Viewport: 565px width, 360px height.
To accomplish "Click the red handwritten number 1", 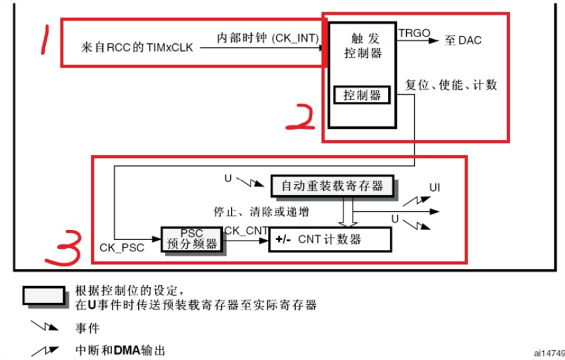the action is click(45, 39).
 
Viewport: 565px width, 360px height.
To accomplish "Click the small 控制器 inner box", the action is click(362, 95).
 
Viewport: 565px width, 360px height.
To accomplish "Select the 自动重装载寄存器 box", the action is click(332, 186).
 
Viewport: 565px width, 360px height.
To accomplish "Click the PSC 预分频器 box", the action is click(191, 239).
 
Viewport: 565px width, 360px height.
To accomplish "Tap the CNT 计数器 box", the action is click(330, 239).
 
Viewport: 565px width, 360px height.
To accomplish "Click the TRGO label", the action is click(414, 33).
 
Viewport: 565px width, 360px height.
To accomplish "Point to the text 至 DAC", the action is click(463, 40).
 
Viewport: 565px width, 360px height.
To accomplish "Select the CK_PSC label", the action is click(122, 248).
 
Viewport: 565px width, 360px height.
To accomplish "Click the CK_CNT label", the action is click(246, 231).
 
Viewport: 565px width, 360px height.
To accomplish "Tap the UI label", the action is click(434, 188).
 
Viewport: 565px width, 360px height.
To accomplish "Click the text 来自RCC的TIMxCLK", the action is click(137, 47).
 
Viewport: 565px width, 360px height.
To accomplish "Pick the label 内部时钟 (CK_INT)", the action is click(267, 38).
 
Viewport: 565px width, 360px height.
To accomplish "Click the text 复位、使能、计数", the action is click(451, 85).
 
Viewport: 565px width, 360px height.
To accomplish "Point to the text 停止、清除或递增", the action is click(262, 212).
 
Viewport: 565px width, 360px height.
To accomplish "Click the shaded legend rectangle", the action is click(45, 296).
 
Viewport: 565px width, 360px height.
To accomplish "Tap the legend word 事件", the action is click(87, 328).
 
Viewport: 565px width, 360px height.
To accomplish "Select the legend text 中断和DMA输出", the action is click(121, 350).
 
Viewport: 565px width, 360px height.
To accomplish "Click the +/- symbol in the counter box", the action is click(283, 239).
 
